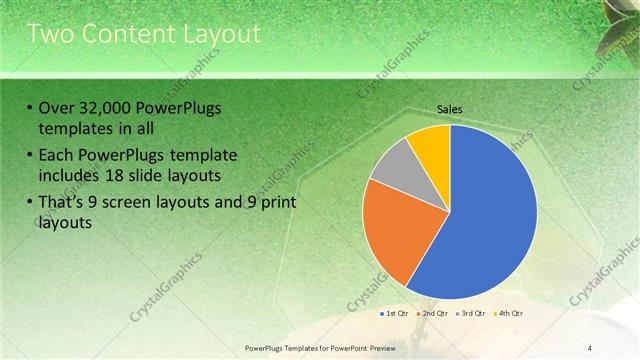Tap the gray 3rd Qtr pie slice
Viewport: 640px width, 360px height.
394,165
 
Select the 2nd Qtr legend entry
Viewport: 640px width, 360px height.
433,313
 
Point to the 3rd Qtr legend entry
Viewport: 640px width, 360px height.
471,313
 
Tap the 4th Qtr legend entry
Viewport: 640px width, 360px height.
509,313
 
